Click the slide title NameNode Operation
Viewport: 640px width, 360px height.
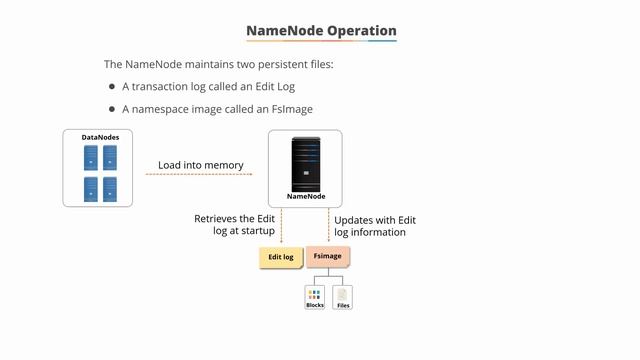321,30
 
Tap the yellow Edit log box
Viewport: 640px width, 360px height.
281,257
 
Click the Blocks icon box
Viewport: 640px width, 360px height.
315,297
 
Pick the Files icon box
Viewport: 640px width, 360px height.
343,297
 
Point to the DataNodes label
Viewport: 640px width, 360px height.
98,136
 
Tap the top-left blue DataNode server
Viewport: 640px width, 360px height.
90,156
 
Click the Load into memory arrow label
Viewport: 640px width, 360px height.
201,165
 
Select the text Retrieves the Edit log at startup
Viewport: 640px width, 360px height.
234,225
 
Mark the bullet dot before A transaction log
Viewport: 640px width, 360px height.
112,86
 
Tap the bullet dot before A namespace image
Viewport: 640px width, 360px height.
112,108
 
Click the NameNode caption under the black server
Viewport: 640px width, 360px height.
306,197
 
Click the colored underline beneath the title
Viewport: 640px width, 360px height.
321,41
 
